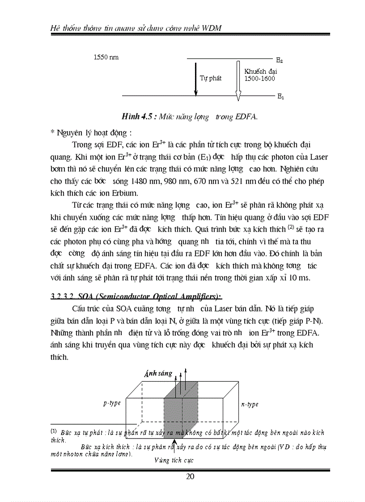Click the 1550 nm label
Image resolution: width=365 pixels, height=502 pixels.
click(x=106, y=58)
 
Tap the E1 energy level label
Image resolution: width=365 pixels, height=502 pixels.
click(x=280, y=97)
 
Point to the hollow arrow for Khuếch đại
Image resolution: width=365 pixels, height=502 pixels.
click(x=238, y=79)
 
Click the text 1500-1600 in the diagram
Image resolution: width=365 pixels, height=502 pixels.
click(x=259, y=78)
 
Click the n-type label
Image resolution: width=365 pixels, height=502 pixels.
click(x=250, y=405)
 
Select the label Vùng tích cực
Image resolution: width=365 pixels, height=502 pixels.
click(x=174, y=460)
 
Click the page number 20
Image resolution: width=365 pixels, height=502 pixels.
click(x=190, y=476)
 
